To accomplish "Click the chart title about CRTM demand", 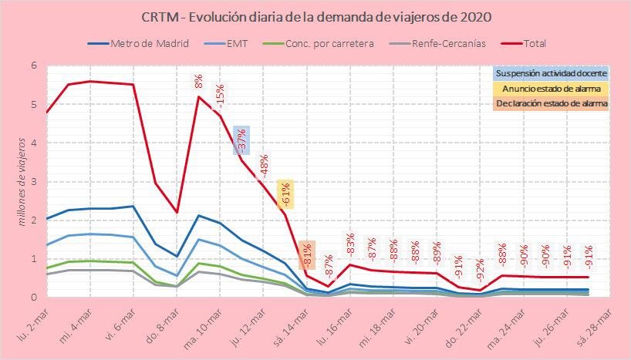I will (x=316, y=16).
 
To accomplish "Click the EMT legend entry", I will (x=236, y=43).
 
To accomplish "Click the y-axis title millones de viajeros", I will (x=22, y=182).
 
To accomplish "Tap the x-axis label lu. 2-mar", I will (x=32, y=326).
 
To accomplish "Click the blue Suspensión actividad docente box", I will (x=551, y=73).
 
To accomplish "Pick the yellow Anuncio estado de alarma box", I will (x=551, y=88).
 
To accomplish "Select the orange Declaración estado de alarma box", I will (x=551, y=103).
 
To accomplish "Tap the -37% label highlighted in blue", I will (x=241, y=140).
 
